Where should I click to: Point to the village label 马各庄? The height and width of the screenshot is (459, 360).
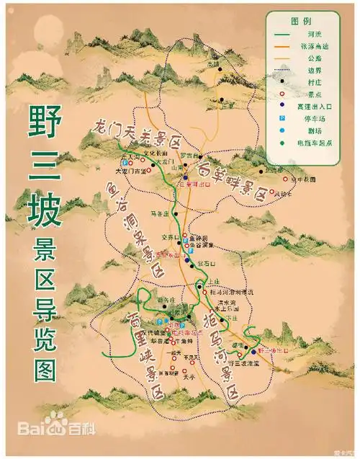(x=161, y=213)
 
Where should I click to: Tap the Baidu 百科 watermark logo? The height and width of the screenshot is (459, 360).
(x=50, y=440)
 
